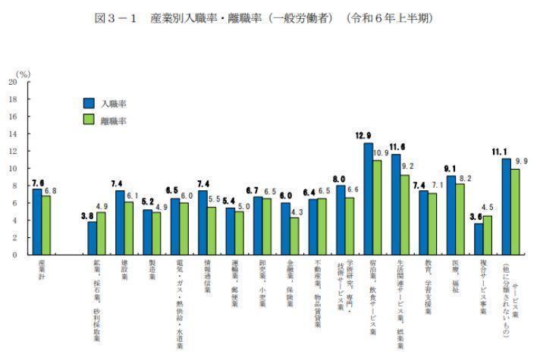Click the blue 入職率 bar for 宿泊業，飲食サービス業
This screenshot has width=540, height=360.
(368, 199)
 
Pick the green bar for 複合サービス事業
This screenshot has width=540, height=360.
(488, 235)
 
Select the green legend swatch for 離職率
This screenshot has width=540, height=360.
(89, 118)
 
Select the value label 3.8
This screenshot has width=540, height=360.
(89, 215)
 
